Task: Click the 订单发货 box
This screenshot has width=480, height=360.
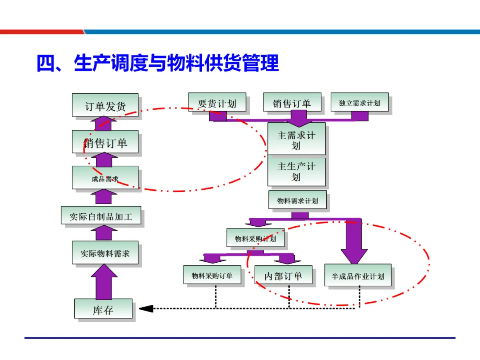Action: tap(105, 105)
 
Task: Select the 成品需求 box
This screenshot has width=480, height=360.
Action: tap(105, 178)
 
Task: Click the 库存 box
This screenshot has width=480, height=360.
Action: tap(103, 309)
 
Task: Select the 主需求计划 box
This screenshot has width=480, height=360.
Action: tap(296, 139)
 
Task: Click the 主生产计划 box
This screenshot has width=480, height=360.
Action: tap(296, 171)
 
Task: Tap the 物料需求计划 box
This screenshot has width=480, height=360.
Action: tap(297, 200)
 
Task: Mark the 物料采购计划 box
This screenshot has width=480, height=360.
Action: tap(255, 238)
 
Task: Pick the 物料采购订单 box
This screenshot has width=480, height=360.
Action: tap(212, 275)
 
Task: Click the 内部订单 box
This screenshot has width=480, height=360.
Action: tap(283, 275)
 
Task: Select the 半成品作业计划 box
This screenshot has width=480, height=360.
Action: tap(358, 276)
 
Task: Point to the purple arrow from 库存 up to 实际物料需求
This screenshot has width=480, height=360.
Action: tap(104, 282)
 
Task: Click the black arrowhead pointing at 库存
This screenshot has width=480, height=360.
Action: tap(146, 308)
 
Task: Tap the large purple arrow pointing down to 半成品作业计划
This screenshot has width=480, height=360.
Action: tap(354, 242)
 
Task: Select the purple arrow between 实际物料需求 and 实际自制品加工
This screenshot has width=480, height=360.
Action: tap(104, 233)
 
